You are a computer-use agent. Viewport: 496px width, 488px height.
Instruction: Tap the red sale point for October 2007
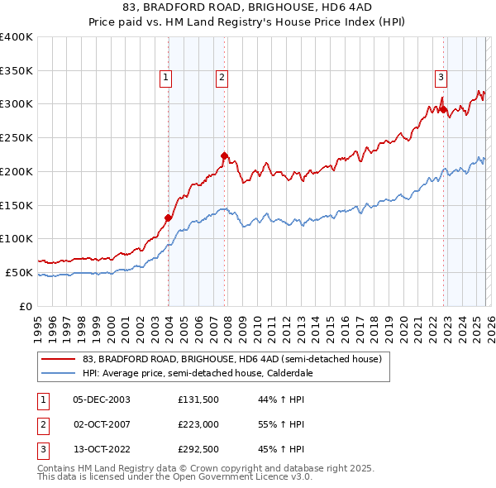[224, 155]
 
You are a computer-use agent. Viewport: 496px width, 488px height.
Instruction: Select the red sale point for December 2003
[168, 218]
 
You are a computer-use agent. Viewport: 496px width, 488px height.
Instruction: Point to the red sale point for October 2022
[443, 108]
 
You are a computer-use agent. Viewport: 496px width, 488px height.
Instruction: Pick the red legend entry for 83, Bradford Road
[231, 360]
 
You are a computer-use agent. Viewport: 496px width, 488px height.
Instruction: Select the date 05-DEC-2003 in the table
[102, 399]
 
